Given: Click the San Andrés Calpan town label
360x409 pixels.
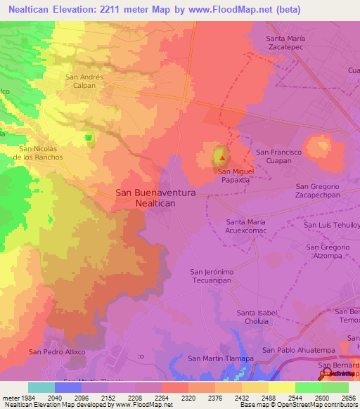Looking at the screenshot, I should point(84,82).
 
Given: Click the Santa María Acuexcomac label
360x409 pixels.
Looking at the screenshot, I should point(245,226).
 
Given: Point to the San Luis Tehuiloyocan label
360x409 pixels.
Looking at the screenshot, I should point(331,226).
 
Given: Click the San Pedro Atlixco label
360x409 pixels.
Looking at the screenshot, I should point(56,351).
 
